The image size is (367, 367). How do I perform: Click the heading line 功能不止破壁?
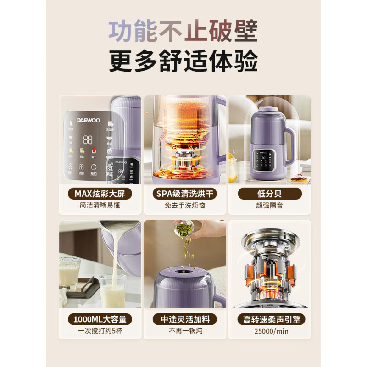[183, 31]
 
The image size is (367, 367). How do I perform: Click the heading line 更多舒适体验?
[183, 61]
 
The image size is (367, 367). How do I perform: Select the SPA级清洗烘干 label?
[185, 194]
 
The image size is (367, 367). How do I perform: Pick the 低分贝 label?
[269, 194]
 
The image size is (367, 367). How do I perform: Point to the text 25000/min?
[270, 331]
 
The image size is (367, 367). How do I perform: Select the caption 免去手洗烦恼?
[185, 206]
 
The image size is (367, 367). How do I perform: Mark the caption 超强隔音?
[269, 206]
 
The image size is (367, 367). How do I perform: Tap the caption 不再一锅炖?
[185, 331]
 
